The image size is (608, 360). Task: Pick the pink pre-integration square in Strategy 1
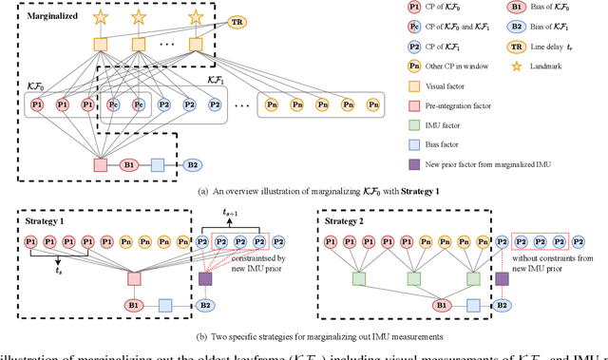tap(135, 279)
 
